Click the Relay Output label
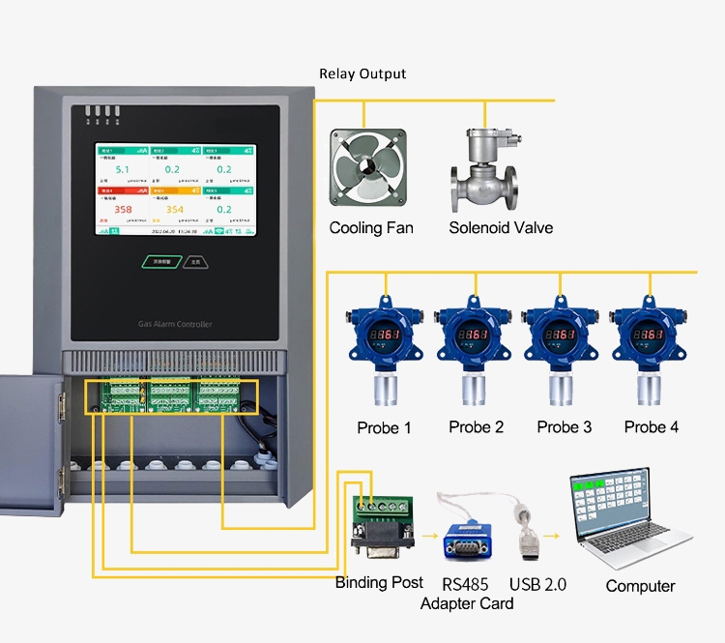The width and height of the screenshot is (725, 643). (362, 73)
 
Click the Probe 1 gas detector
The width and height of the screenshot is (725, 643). (384, 349)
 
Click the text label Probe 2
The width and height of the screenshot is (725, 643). (476, 427)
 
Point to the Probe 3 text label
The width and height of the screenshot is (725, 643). (565, 427)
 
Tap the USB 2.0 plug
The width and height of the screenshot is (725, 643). (528, 541)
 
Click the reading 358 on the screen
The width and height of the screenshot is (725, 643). (123, 209)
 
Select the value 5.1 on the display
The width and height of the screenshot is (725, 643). (123, 169)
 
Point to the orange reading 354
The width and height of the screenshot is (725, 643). (174, 209)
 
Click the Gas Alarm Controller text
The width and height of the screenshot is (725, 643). (175, 324)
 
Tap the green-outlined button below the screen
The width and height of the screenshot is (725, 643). (159, 261)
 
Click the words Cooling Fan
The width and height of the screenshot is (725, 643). (371, 228)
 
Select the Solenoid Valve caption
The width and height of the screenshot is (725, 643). (501, 228)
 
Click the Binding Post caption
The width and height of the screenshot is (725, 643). (379, 582)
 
